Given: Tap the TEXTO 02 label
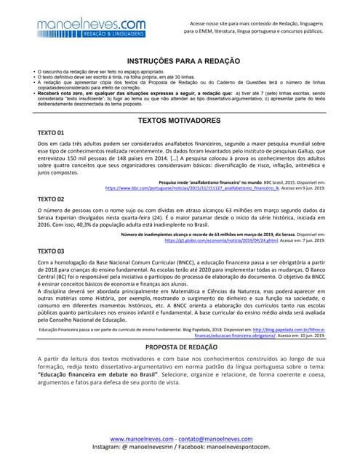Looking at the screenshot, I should [x=51, y=198].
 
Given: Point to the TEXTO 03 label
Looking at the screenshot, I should [x=51, y=250].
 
